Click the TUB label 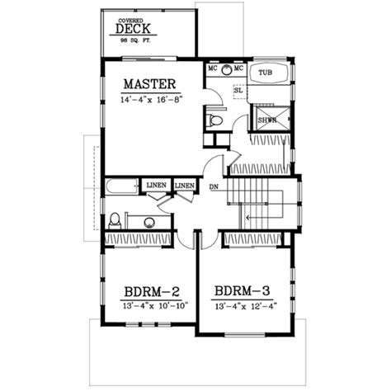(x=265, y=73)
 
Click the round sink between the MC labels (x=224, y=69)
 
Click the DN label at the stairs (x=214, y=186)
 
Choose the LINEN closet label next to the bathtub (x=156, y=186)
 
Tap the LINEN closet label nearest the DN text (x=185, y=186)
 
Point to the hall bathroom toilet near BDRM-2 (x=115, y=220)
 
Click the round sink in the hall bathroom (x=148, y=221)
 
